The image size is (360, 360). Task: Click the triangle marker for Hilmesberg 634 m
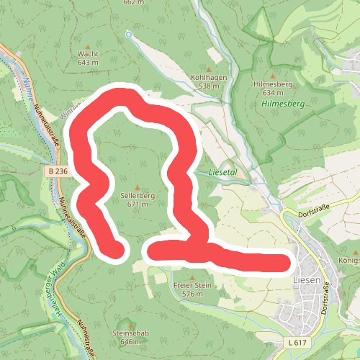pos(273,75)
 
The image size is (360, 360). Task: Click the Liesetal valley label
pos(222,173)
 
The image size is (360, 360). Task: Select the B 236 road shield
pos(59,171)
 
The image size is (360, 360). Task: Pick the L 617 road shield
pos(296,341)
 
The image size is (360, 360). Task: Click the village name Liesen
pos(307,279)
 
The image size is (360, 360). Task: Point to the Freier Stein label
pos(192,286)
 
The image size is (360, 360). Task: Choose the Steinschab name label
pos(130,333)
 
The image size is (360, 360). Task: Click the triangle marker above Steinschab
pos(130,325)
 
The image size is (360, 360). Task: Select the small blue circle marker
pos(129,34)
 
